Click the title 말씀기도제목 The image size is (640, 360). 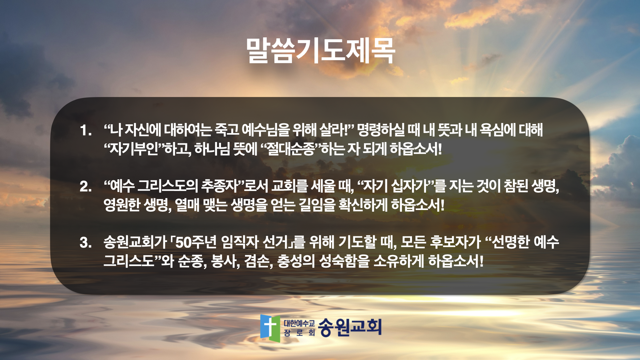pos(320,51)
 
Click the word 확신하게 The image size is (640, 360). pos(363,205)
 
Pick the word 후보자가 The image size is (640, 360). pos(455,242)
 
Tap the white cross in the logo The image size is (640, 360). pos(270,326)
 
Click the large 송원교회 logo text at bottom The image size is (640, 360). pos(350,327)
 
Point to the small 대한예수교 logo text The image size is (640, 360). pos(299,323)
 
